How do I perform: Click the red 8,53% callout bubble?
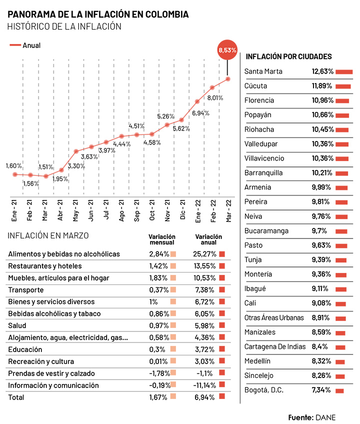point(227,50)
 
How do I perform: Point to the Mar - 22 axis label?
point(228,210)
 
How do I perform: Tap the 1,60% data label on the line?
point(14,166)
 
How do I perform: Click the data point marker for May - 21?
point(76,151)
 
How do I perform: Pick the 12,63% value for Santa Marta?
point(322,71)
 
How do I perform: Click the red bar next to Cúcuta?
point(343,86)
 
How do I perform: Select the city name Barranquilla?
point(263,173)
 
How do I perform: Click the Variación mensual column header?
point(162,239)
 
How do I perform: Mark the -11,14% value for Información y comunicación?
point(204,385)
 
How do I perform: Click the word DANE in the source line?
point(325,417)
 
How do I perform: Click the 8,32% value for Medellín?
point(322,361)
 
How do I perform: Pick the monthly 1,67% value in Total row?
point(158,397)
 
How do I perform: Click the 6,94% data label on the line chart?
point(200,113)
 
